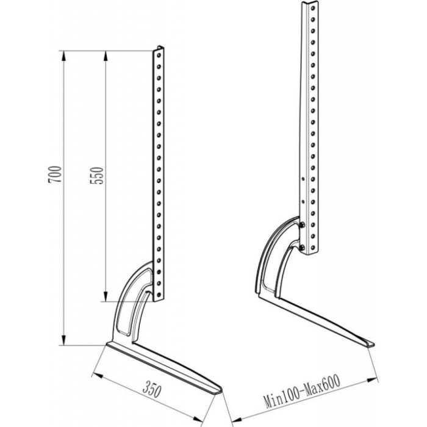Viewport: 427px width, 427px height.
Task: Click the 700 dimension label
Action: click(x=56, y=174)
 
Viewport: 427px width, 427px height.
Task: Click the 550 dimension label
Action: click(x=97, y=176)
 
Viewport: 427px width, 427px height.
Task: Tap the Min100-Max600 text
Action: click(x=302, y=392)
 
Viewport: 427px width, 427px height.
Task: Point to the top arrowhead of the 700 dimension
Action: click(x=63, y=56)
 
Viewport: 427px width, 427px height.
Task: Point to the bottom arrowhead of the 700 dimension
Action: click(x=63, y=340)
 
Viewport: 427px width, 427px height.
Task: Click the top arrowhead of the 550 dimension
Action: click(x=106, y=56)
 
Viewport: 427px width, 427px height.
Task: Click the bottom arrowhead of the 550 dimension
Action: click(x=106, y=296)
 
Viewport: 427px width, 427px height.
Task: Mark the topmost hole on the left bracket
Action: click(x=159, y=56)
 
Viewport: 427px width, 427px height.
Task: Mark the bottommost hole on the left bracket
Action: click(x=159, y=295)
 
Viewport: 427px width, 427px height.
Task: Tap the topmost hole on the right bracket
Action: click(x=313, y=8)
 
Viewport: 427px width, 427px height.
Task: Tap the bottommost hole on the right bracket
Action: click(x=313, y=248)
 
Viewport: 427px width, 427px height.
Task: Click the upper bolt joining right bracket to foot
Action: click(x=302, y=224)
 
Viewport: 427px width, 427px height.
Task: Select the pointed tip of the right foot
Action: click(x=373, y=344)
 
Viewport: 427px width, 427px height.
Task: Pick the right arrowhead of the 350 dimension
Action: click(x=198, y=420)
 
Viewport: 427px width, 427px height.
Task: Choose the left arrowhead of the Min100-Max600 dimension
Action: click(x=236, y=420)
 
